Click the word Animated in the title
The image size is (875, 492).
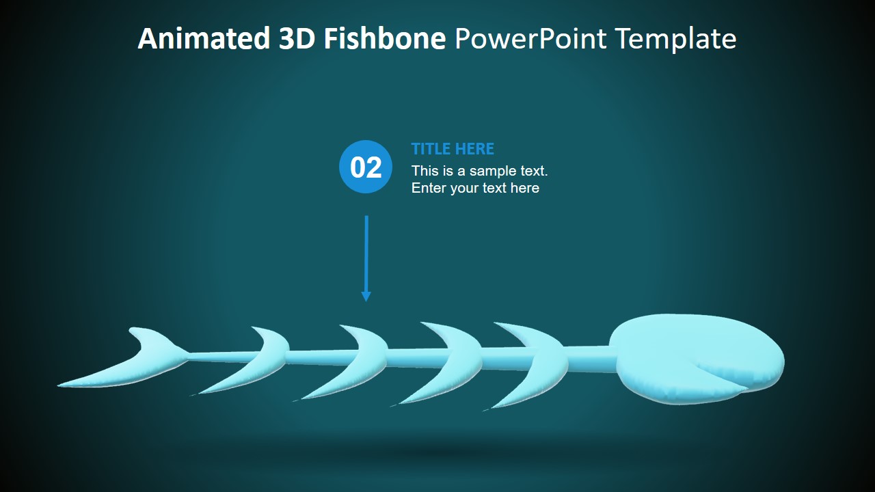click(x=204, y=39)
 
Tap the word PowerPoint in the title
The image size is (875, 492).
click(x=530, y=39)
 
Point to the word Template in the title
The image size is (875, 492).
click(x=675, y=39)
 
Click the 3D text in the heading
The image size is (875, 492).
click(x=298, y=39)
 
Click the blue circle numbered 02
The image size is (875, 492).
click(x=366, y=167)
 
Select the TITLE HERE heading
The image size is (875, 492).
click(x=453, y=149)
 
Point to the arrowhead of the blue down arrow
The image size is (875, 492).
click(x=366, y=296)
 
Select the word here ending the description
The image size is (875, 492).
click(x=524, y=188)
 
